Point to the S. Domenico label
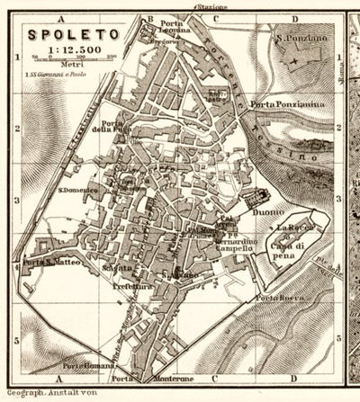77,190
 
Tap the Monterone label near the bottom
178,377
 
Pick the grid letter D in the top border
292,16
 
